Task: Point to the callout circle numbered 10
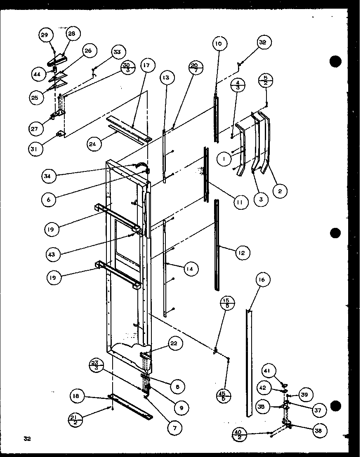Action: pyautogui.click(x=218, y=43)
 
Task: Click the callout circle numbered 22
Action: pyautogui.click(x=174, y=343)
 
